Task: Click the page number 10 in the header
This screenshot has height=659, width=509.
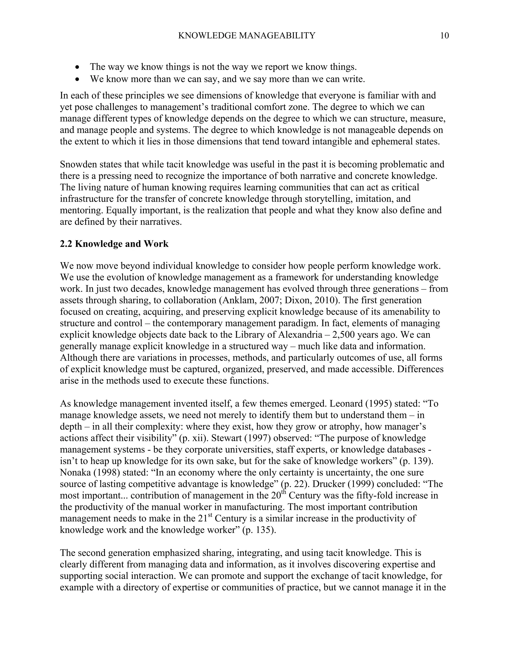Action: tap(444, 36)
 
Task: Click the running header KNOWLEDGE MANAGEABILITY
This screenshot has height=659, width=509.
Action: tap(246, 36)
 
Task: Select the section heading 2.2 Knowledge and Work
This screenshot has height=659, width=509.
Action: tap(114, 243)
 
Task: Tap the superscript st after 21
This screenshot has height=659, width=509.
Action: tap(210, 515)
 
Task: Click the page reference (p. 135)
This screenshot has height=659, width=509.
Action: tap(259, 530)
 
